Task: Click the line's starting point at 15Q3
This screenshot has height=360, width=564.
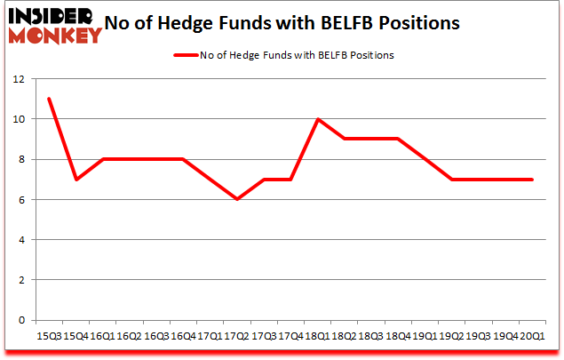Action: pos(49,99)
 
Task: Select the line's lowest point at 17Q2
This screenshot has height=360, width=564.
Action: pos(236,199)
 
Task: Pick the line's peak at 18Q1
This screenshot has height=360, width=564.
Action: pos(317,119)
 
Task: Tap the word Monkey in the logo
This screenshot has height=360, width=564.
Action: pos(55,36)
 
